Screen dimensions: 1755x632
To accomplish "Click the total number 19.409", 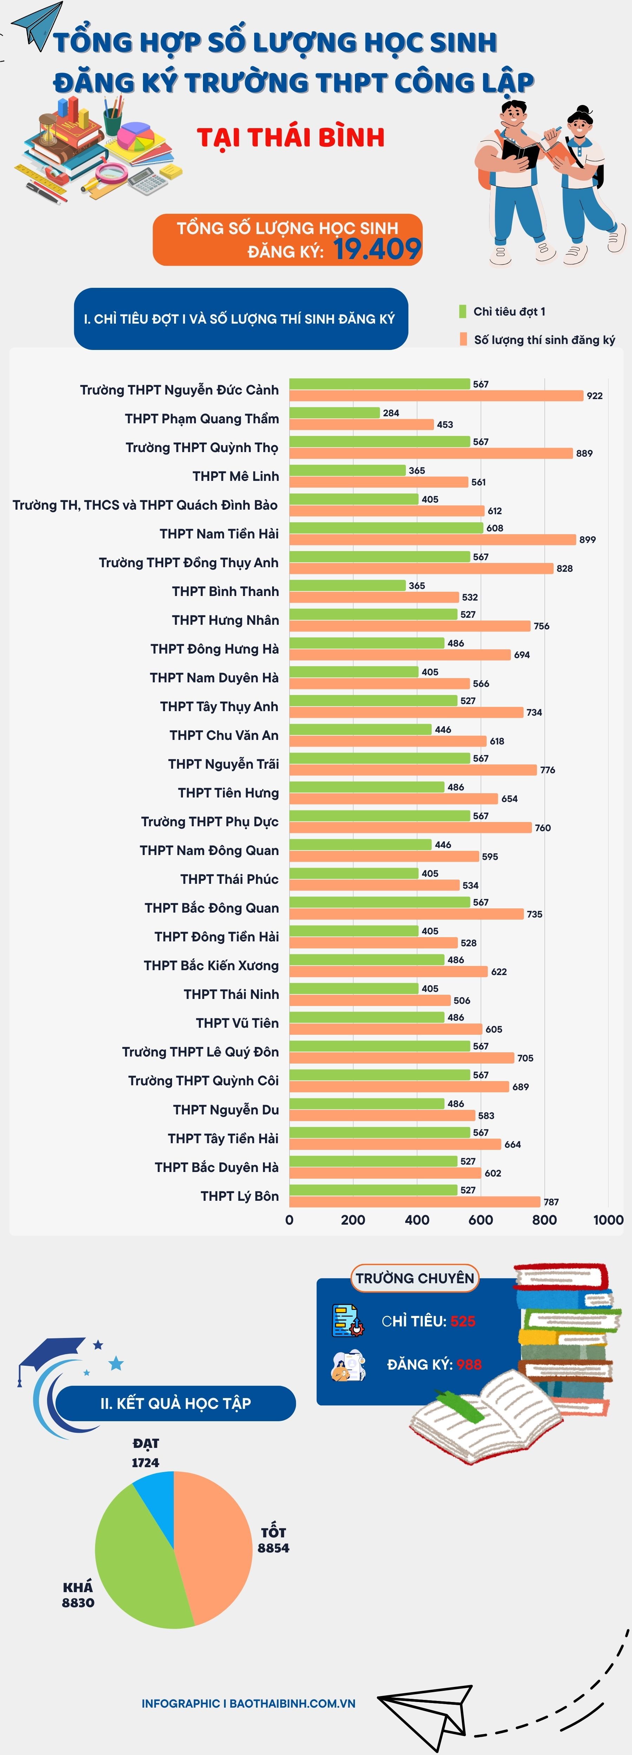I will tap(377, 249).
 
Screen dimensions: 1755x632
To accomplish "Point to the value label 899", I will tap(587, 539).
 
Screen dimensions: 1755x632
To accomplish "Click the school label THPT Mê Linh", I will tap(235, 476).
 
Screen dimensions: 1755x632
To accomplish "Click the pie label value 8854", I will tap(273, 1548).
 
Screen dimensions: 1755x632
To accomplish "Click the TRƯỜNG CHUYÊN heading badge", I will tap(415, 1278).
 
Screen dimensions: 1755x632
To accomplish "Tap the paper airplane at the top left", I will tap(38, 24).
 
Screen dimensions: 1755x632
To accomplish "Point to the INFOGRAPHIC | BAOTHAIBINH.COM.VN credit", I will tap(248, 1703).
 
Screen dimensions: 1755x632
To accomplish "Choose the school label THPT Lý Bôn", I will tap(239, 1196).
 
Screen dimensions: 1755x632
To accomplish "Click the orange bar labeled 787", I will tap(415, 1202).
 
